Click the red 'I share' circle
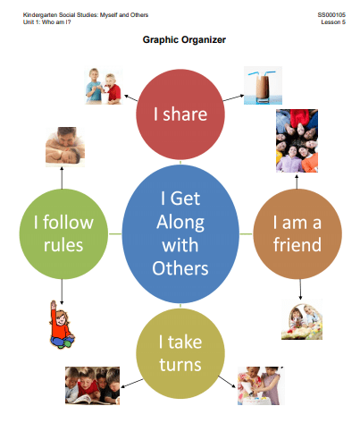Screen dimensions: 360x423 180,114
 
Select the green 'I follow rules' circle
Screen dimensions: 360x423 63,233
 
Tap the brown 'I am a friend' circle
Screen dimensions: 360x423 297,233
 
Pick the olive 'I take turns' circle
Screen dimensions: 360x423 180,353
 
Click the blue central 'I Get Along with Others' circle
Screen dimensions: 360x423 180,233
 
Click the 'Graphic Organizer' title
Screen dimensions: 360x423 184,39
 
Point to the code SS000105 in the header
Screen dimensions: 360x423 331,15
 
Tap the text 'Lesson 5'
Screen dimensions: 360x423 333,22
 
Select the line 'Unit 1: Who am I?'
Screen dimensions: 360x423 47,22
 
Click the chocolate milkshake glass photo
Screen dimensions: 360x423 263,86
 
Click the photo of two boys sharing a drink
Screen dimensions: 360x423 104,86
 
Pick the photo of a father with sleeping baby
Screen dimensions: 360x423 65,147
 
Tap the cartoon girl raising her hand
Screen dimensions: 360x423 62,325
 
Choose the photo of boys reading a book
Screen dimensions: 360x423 92,385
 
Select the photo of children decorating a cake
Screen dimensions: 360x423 261,385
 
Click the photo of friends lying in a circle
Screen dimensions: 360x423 297,140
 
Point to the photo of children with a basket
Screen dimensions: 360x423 302,319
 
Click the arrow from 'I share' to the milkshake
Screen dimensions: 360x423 234,98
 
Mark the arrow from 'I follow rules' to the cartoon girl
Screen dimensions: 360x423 62,292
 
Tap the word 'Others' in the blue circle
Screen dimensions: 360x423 180,268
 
